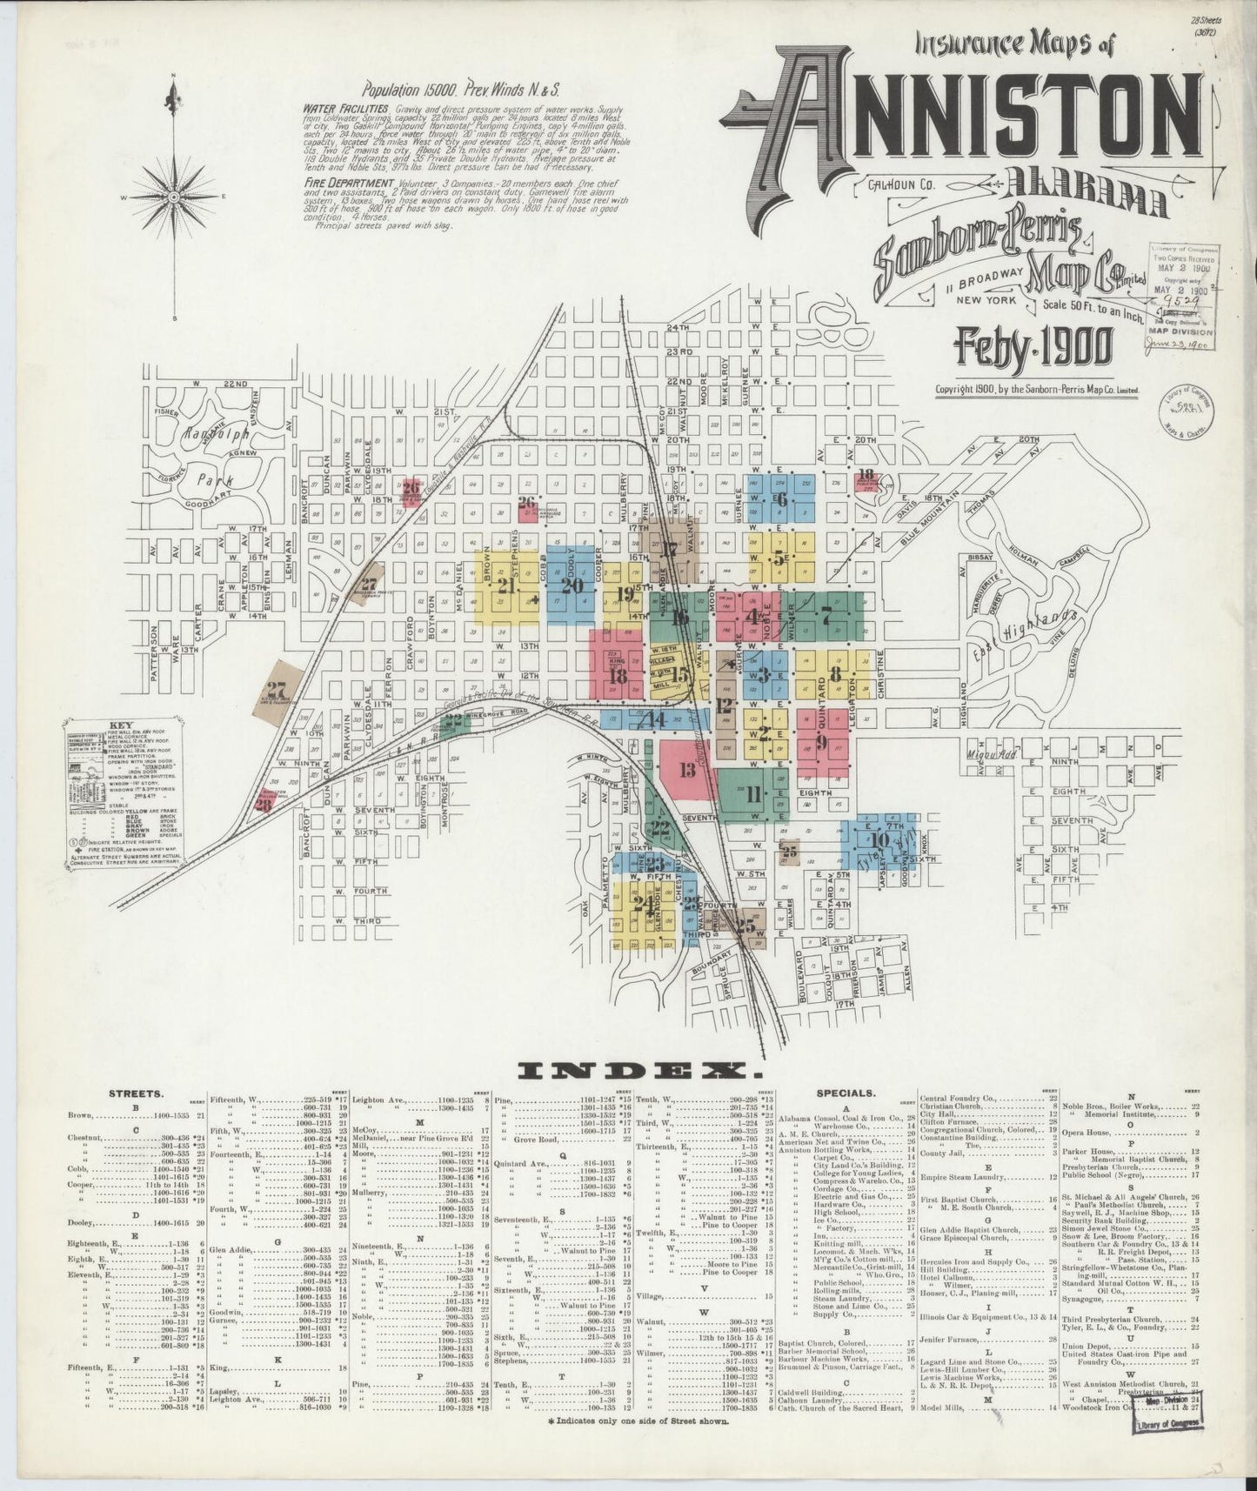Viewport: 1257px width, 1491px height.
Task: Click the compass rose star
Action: click(175, 197)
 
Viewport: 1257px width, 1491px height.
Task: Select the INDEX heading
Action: click(631, 1071)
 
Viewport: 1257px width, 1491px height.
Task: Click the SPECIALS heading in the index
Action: click(845, 1093)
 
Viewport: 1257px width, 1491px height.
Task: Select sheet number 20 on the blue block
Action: click(572, 585)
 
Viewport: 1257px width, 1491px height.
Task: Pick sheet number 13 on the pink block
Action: click(687, 769)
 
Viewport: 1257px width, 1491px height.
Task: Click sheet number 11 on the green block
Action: click(752, 792)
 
